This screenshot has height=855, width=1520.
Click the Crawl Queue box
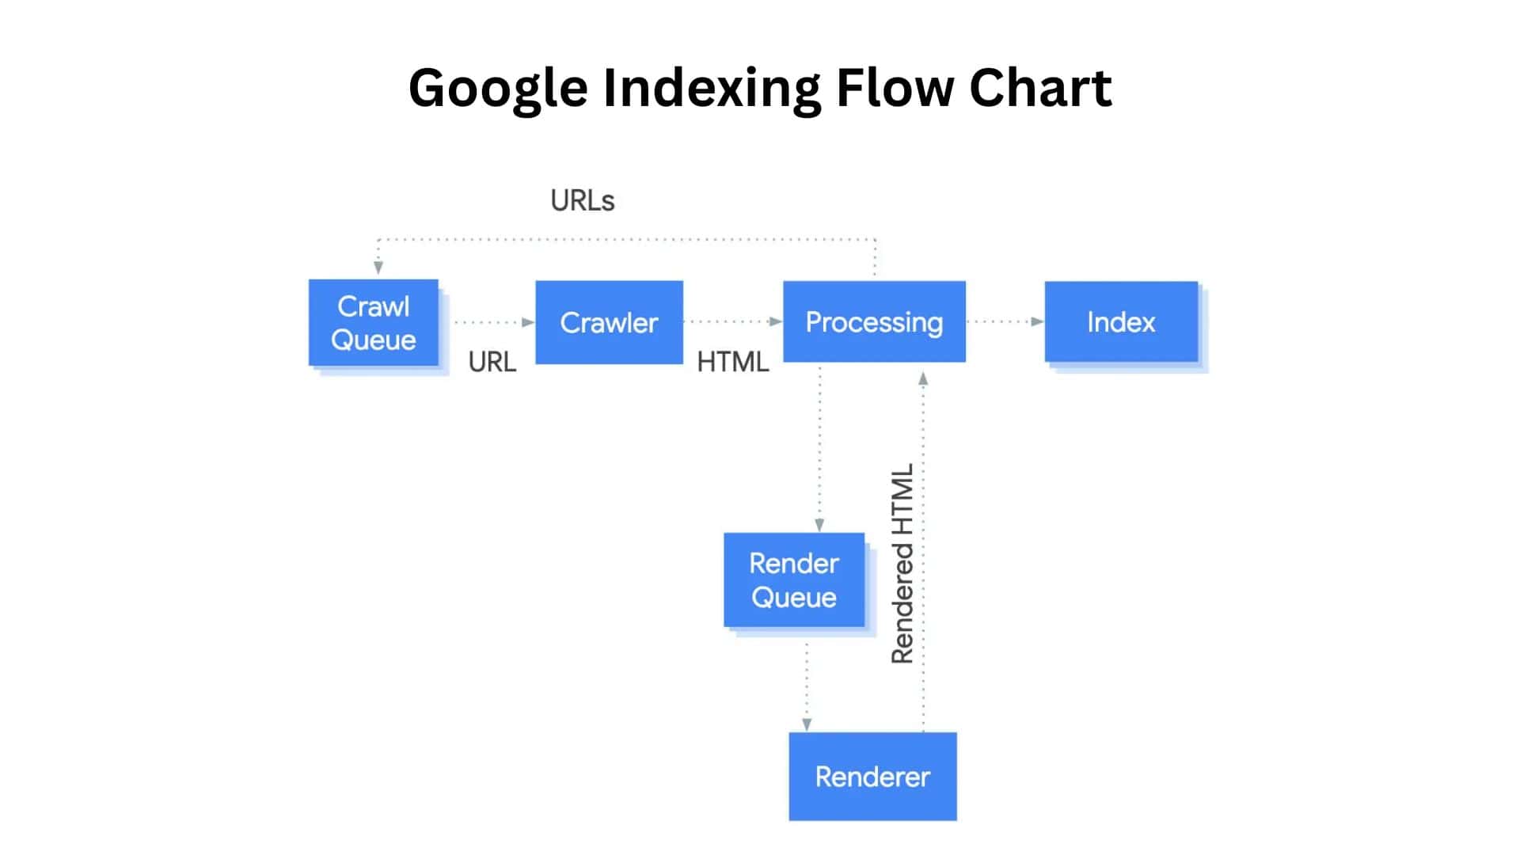click(x=373, y=322)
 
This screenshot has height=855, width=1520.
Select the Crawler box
click(x=609, y=322)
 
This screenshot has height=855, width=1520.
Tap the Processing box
click(x=874, y=321)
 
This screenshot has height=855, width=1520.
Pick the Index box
click(x=1121, y=321)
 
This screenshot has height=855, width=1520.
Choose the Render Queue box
click(x=793, y=579)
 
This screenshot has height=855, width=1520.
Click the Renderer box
click(x=872, y=776)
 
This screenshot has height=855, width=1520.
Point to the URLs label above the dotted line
click(x=582, y=201)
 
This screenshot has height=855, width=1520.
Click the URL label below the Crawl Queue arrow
click(x=492, y=362)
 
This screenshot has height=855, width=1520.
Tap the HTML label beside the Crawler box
click(x=732, y=362)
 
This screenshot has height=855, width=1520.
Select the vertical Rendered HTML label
click(x=902, y=564)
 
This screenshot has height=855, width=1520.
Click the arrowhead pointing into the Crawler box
click(x=528, y=322)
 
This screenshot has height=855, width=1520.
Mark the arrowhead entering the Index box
click(x=1036, y=321)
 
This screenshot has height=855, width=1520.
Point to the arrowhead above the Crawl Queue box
click(x=378, y=268)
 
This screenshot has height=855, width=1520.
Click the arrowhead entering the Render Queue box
click(x=819, y=524)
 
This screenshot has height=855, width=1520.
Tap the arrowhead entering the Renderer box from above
click(x=807, y=724)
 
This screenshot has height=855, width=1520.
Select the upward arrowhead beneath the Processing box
click(x=923, y=379)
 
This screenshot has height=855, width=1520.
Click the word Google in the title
click(x=498, y=88)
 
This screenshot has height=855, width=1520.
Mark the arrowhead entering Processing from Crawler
click(x=775, y=321)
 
